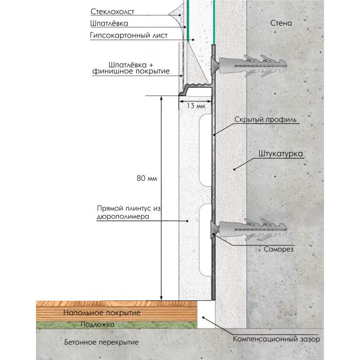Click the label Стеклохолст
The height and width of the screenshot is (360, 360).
pos(112,12)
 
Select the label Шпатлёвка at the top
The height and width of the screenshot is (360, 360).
pos(109,24)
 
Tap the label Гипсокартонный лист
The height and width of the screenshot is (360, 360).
pos(129,35)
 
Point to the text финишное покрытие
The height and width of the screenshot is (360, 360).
pos(131,71)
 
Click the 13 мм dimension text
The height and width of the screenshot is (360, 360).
pos(195,106)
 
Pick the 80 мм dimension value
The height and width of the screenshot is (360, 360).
pos(147,178)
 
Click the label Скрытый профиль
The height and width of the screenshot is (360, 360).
pos(265,120)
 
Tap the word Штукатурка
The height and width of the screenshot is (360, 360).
pos(281,154)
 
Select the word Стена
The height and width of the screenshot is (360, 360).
pos(281,23)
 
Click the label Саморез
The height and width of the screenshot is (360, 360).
pos(279,249)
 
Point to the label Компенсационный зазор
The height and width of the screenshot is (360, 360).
pos(277,339)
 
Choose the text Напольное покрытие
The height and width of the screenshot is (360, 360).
pos(102,313)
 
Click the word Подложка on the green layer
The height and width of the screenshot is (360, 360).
pos(97,325)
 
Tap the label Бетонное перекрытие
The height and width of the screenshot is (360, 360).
pos(101,343)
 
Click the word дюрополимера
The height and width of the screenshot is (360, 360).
pos(123,217)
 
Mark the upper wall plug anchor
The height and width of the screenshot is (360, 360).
pos(249,66)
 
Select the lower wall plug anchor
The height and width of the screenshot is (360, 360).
pos(249,229)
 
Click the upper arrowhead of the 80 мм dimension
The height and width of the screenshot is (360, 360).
pos(161,98)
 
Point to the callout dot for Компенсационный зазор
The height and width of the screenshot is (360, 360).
pos(203,317)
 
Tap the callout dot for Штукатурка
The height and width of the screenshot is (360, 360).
pos(234,169)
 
